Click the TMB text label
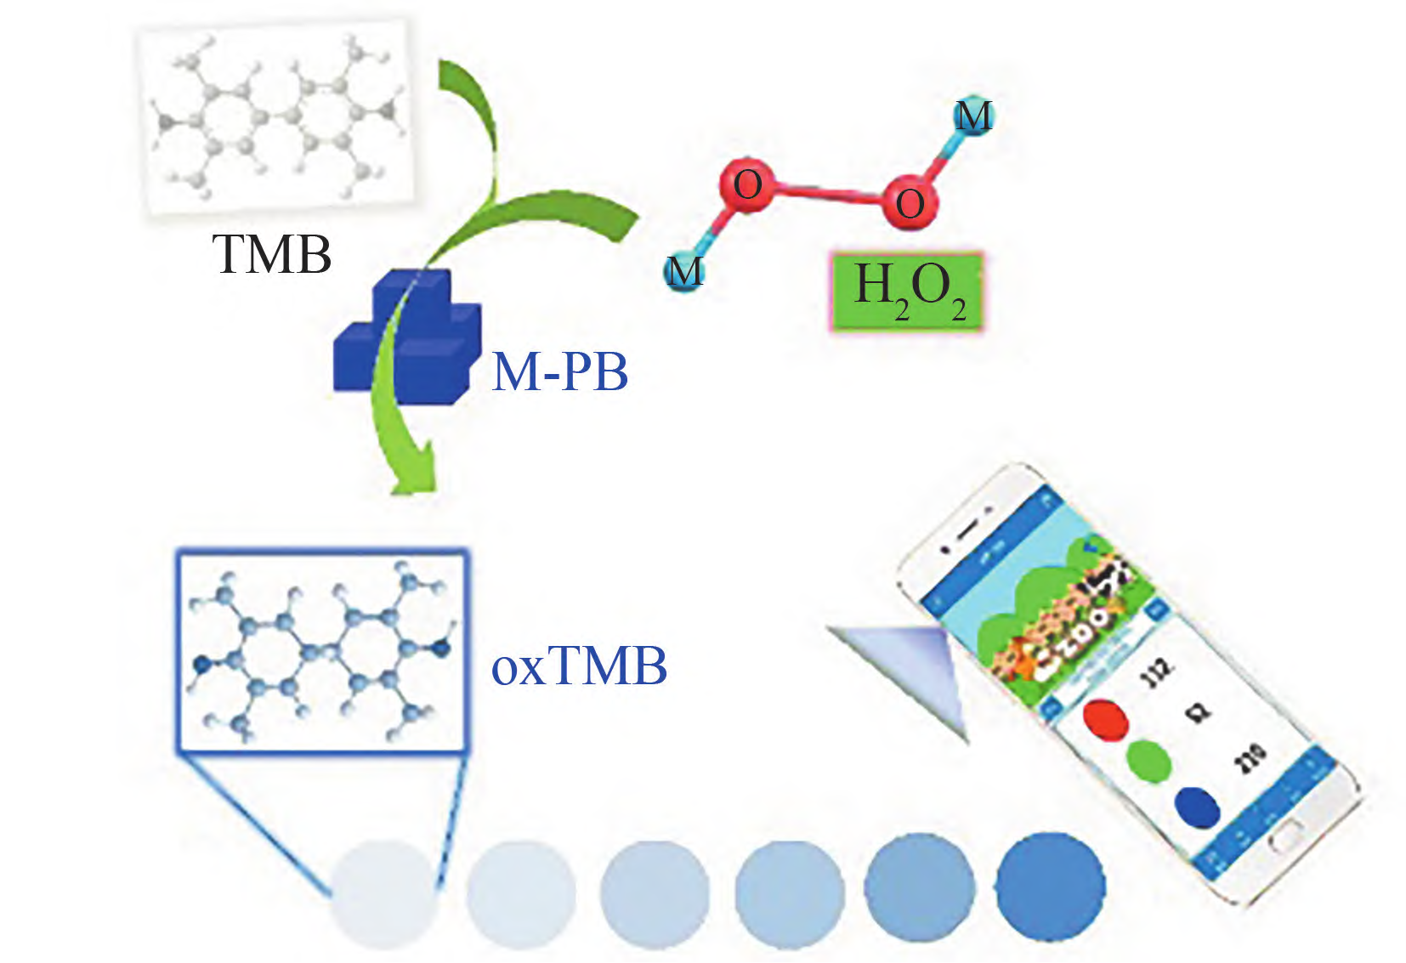271,254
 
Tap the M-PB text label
559,371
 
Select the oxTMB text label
579,666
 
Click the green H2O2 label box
907,292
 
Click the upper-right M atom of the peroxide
972,116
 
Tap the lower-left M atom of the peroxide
683,271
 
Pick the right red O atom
909,202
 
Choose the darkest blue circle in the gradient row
1051,887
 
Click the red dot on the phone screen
1106,719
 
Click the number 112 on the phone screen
1158,671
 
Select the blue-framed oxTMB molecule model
321,651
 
